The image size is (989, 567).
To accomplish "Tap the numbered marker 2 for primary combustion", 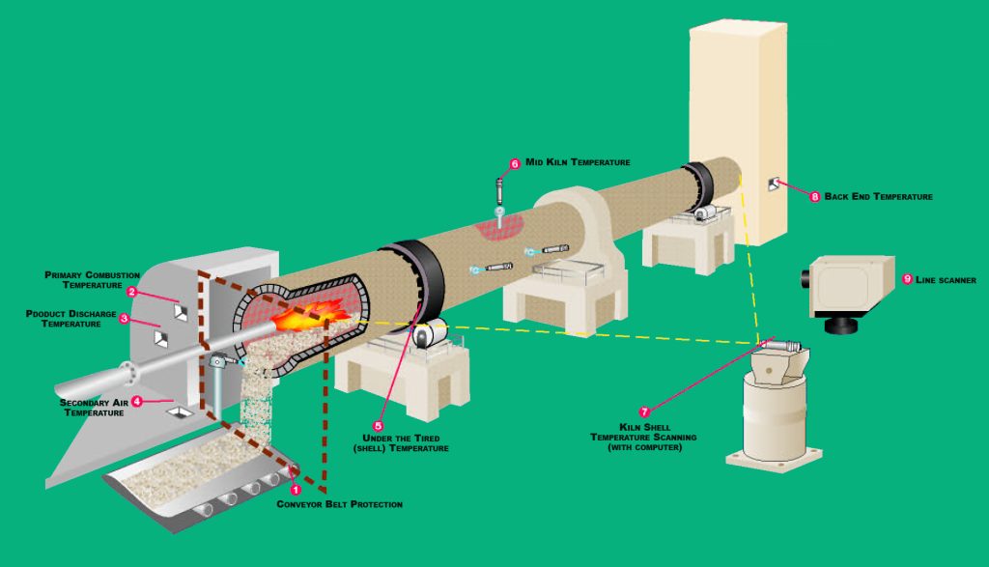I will pyautogui.click(x=131, y=291).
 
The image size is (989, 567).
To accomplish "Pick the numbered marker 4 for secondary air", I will pyautogui.click(x=137, y=401).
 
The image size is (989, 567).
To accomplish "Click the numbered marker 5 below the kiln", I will pyautogui.click(x=379, y=424).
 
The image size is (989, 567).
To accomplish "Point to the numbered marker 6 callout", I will pyautogui.click(x=515, y=164).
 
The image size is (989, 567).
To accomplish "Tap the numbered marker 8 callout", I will pyautogui.click(x=814, y=197).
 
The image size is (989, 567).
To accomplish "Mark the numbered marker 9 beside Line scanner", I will pyautogui.click(x=906, y=279).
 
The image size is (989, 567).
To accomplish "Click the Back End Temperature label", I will pyautogui.click(x=878, y=197).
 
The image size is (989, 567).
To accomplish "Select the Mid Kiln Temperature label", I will pyautogui.click(x=578, y=163).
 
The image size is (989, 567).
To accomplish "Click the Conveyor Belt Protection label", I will pyautogui.click(x=339, y=504).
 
